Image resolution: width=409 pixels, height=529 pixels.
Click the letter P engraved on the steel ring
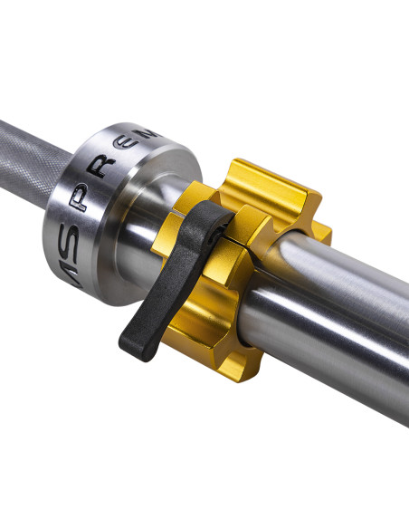pos(83,201)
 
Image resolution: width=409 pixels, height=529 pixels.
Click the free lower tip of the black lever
pos(132,345)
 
